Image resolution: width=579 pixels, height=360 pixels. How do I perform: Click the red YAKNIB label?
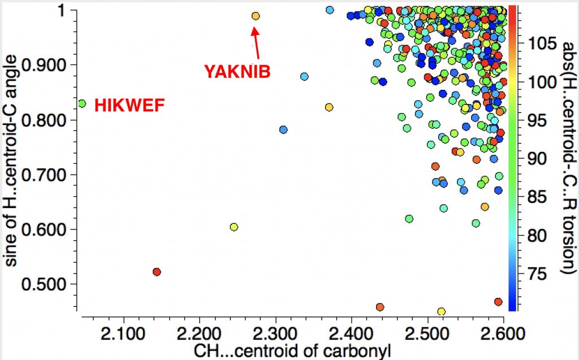pyautogui.click(x=237, y=71)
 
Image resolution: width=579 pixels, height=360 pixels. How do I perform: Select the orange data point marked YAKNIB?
pyautogui.click(x=256, y=16)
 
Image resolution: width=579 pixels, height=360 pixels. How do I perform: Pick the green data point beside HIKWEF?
pyautogui.click(x=82, y=103)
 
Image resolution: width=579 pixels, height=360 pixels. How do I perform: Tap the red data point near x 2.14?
pyautogui.click(x=157, y=272)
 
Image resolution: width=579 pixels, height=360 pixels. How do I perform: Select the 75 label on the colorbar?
pyautogui.click(x=534, y=275)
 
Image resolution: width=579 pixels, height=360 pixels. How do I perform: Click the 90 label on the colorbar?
pyautogui.click(x=534, y=159)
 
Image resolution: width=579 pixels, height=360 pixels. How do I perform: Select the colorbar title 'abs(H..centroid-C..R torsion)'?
pyautogui.click(x=566, y=158)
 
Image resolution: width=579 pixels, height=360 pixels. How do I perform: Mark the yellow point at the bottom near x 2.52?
pyautogui.click(x=441, y=311)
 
